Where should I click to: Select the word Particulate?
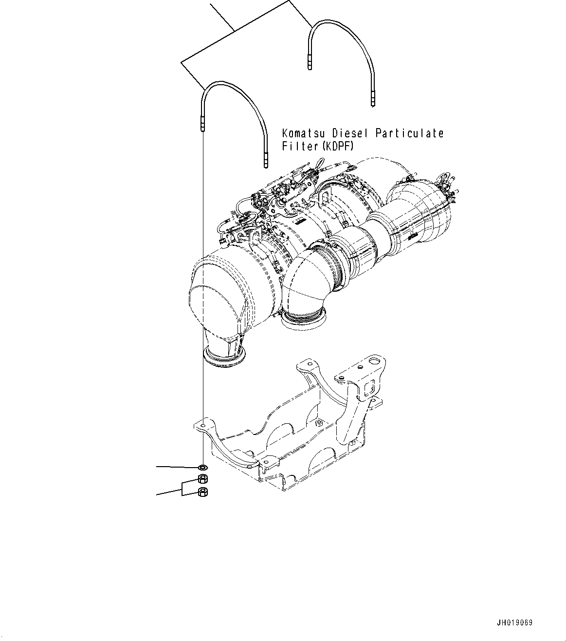pos(409,133)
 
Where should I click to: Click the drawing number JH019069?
pos(514,623)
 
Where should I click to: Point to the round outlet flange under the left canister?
pos(224,356)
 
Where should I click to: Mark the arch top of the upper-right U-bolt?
pos(336,23)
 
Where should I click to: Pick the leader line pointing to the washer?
pos(175,467)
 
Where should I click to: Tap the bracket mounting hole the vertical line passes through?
pos(201,427)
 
